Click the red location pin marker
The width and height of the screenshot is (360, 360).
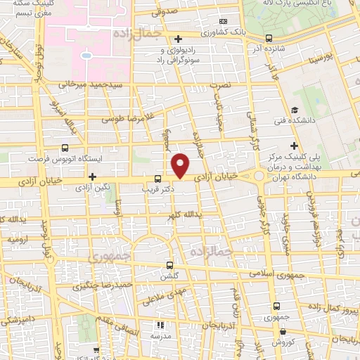click(x=181, y=166)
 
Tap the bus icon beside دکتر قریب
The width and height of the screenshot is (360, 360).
click(x=157, y=179)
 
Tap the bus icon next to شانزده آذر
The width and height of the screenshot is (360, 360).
click(x=269, y=39)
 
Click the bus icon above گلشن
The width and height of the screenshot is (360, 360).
click(x=169, y=265)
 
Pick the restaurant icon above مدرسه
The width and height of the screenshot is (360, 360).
click(x=160, y=325)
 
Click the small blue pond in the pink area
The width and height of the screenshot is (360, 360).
click(x=86, y=54)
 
